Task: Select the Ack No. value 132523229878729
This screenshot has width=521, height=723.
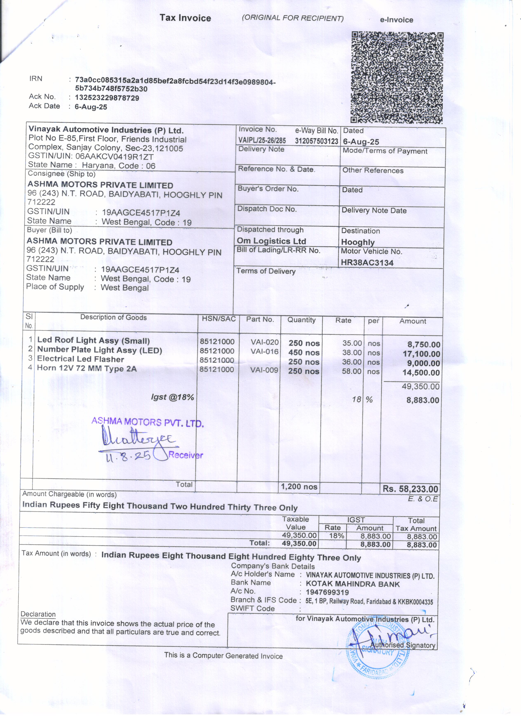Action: coord(107,98)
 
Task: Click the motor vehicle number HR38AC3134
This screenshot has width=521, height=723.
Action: coord(367,263)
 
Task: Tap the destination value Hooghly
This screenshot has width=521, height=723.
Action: coord(358,242)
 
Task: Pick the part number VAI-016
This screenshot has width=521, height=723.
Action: coord(264,352)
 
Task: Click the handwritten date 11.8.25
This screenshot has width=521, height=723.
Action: coord(128,456)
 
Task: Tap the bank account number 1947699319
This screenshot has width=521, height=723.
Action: coord(327,592)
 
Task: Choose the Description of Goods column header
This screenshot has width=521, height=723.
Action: coord(113,317)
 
